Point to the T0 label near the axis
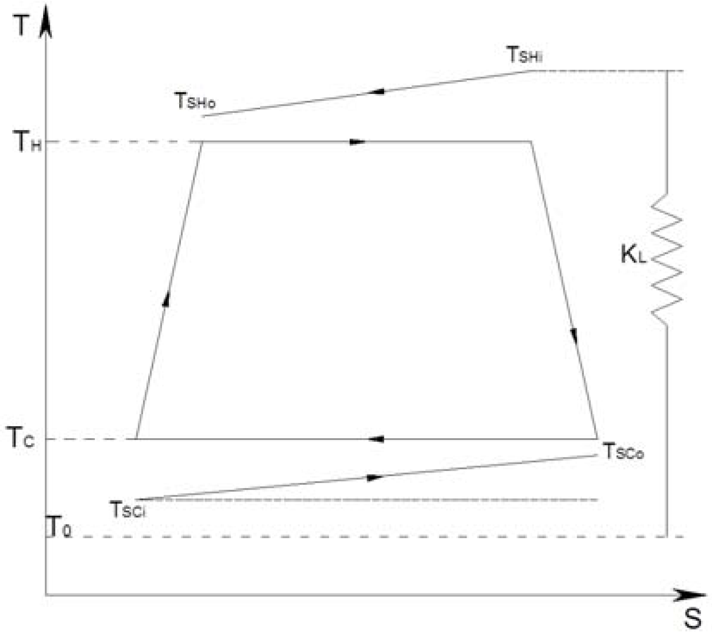click(60, 527)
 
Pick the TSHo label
click(195, 101)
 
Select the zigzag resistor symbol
click(667, 259)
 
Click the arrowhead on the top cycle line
click(357, 142)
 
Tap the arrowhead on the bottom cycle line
click(376, 439)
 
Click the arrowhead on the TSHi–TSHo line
click(377, 92)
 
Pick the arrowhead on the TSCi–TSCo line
click(375, 478)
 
